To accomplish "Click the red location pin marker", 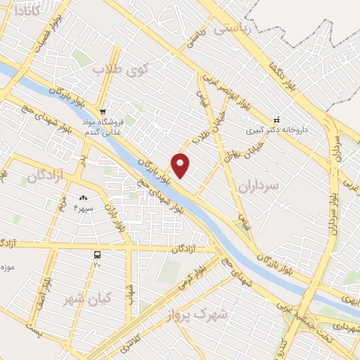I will pyautogui.click(x=181, y=165).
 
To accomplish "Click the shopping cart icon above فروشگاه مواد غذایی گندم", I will pyautogui.click(x=103, y=111).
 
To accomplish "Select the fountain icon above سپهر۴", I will pyautogui.click(x=84, y=200).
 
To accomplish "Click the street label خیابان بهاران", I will pyautogui.click(x=234, y=149).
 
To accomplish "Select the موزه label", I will pyautogui.click(x=8, y=267).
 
